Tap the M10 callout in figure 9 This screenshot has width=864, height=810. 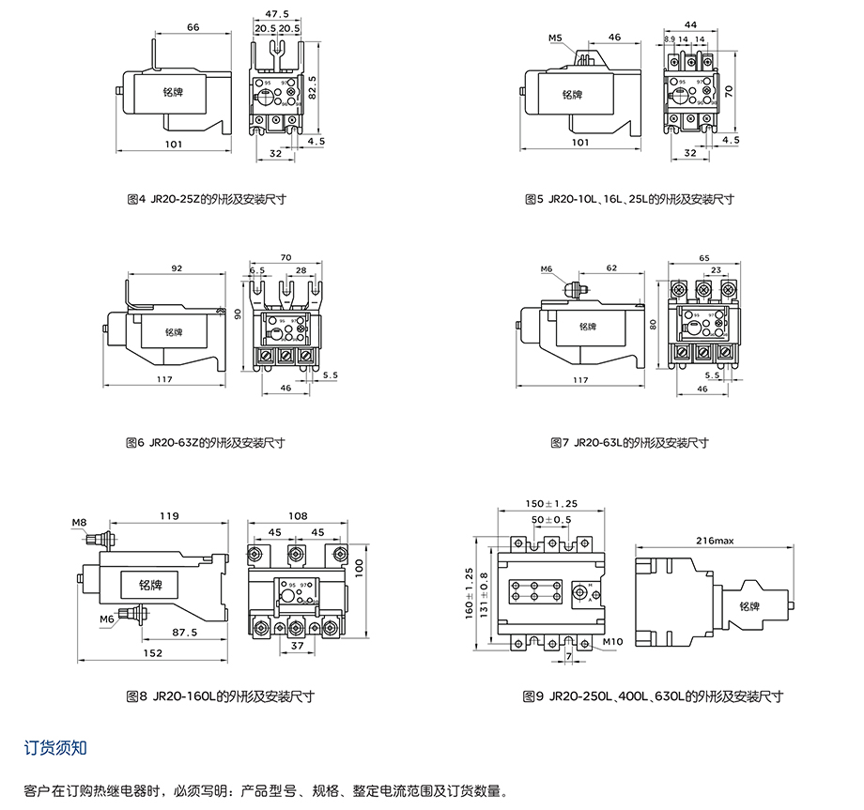[613, 643]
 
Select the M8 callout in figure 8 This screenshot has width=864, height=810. [79, 521]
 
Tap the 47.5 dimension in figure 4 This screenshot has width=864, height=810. [277, 14]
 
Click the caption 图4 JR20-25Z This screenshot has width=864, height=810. [206, 199]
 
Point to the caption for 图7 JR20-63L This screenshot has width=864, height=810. [629, 443]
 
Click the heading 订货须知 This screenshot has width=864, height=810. [55, 748]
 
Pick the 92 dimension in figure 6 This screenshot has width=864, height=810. [176, 268]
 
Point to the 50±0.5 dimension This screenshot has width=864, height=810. [550, 520]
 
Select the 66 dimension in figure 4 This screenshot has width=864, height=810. [193, 28]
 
